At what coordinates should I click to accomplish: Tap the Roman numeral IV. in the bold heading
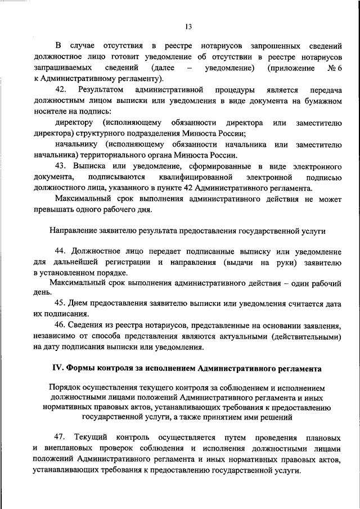click(58, 368)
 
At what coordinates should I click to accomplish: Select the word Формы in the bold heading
click(84, 368)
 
